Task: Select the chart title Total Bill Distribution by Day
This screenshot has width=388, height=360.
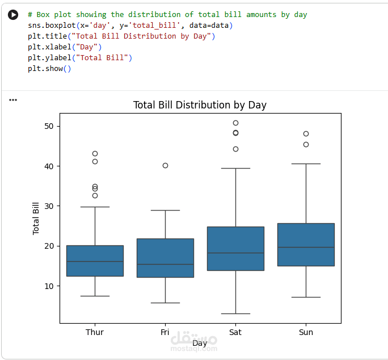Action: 200,105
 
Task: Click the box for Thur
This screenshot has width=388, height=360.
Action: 95,261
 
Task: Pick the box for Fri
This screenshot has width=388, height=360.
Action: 165,258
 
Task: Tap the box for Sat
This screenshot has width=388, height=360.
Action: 235,248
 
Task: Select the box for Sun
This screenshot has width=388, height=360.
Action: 306,244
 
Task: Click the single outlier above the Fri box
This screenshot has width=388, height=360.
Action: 165,165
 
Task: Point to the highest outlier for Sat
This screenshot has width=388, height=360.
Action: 235,123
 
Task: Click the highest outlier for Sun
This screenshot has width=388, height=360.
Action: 306,134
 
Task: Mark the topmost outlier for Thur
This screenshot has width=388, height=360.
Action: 95,153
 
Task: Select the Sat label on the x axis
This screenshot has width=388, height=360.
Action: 235,332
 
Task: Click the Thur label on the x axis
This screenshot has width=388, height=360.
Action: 95,332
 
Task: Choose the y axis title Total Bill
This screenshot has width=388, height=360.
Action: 36,218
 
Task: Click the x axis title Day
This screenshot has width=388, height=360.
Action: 200,343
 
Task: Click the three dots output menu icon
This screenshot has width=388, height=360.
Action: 13,100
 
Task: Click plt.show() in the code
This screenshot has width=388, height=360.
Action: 49,69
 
